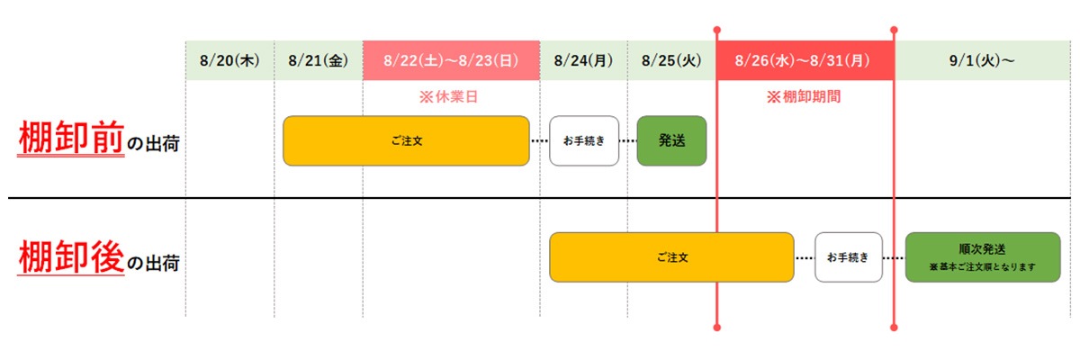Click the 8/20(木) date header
(x=229, y=61)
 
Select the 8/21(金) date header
(x=318, y=61)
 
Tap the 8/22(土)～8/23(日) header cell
(x=451, y=61)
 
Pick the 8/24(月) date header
(x=583, y=61)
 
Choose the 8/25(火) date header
(x=671, y=61)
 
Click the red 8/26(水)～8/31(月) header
(x=805, y=61)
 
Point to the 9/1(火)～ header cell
(x=982, y=61)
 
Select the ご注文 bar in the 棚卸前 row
(x=406, y=140)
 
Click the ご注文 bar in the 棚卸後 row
(x=671, y=257)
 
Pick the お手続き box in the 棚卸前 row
(x=584, y=140)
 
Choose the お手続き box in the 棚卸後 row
(x=849, y=257)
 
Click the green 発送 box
(x=671, y=140)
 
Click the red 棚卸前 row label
(x=71, y=139)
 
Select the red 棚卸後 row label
(x=71, y=257)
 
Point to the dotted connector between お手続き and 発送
(x=627, y=141)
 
